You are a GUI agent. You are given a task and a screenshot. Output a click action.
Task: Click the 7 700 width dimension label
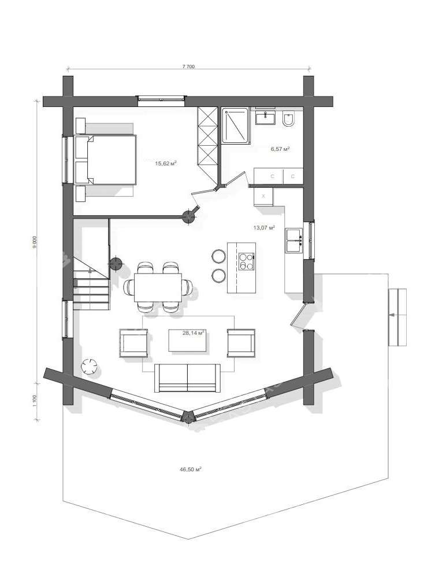188,67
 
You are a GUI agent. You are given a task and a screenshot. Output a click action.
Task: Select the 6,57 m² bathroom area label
280,149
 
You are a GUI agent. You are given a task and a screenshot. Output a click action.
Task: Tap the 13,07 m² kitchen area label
264,227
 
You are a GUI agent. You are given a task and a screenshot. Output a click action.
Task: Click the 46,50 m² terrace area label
190,470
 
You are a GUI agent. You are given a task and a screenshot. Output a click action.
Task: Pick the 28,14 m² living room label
194,333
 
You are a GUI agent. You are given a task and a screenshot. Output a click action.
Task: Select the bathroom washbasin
265,117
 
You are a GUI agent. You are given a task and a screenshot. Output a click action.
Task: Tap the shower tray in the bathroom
235,125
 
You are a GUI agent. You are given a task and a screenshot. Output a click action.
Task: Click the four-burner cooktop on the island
246,261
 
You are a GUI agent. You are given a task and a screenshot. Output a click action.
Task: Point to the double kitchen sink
294,241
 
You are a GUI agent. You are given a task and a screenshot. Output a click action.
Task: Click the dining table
158,287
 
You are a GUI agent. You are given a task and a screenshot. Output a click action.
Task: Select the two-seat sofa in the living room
187,378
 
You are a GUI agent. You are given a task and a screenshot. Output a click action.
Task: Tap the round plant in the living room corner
90,367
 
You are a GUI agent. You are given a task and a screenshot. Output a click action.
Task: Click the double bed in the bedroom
105,160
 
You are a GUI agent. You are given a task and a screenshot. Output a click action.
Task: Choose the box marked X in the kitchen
263,197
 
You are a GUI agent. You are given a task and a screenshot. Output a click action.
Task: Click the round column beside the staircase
116,263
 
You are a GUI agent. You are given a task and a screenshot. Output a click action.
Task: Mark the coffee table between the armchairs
188,340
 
